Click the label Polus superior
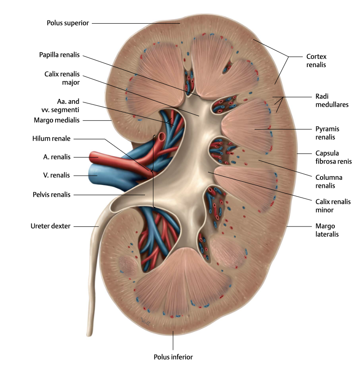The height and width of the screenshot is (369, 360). click(68, 23)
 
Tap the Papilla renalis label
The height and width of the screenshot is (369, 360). click(59, 55)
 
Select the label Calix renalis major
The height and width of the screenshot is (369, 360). click(62, 78)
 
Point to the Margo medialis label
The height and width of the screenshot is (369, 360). click(56, 120)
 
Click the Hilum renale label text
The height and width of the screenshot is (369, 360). click(51, 139)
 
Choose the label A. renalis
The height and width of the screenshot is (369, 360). click(57, 157)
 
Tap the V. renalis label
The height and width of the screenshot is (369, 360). click(56, 175)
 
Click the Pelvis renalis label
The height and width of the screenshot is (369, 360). click(52, 195)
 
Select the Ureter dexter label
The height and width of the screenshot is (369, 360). click(50, 226)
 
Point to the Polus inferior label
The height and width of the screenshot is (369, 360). click(173, 357)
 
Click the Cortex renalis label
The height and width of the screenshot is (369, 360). click(316, 61)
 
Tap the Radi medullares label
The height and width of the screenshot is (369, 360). click(332, 101)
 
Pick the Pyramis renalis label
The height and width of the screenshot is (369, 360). click(327, 133)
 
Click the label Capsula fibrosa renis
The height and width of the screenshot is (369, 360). click(333, 157)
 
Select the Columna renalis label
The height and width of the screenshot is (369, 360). click(329, 181)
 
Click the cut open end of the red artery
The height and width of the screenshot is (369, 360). click(162, 137)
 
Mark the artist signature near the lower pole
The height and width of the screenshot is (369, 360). click(145, 321)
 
